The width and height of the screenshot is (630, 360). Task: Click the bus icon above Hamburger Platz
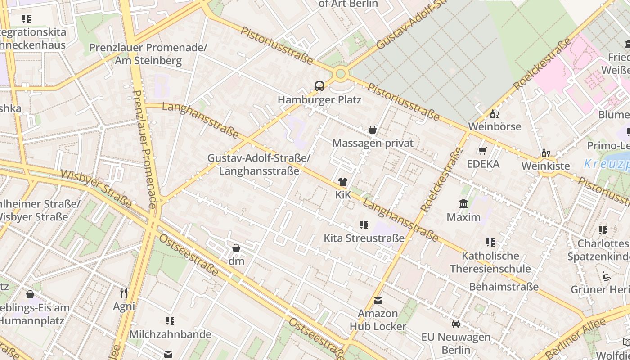pos(319,86)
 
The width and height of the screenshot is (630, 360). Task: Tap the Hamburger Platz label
pos(319,99)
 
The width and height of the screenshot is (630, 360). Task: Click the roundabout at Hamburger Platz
pos(341,73)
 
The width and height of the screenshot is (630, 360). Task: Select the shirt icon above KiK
pos(343,182)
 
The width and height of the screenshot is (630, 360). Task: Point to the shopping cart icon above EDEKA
pos(483,151)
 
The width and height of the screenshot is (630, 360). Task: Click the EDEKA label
pos(483,164)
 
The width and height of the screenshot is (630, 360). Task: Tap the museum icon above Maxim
pos(463,204)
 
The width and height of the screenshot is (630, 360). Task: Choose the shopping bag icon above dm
pos(236,248)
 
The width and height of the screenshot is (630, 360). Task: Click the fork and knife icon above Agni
pos(124,293)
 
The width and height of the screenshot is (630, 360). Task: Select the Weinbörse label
pos(495,126)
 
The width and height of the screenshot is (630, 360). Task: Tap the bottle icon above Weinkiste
pos(545,153)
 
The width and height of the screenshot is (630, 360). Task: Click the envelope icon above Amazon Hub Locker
pos(378,300)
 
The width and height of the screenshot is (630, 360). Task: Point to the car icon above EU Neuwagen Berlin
pos(456,324)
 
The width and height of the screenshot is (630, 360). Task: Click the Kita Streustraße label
pos(364,238)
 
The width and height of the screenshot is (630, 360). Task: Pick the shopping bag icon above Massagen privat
pos(373,130)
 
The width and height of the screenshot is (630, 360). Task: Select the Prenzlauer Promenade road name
pos(145,148)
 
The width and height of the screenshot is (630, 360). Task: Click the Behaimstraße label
pos(504,287)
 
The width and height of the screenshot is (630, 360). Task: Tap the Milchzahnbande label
pos(170,334)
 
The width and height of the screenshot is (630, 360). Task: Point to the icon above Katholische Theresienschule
pos(490,243)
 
